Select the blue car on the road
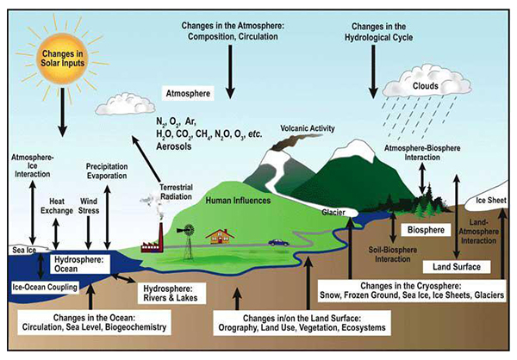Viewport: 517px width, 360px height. pyautogui.click(x=278, y=242)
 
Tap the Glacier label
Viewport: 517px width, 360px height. pyautogui.click(x=334, y=208)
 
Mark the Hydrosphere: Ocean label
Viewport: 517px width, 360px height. pyautogui.click(x=79, y=263)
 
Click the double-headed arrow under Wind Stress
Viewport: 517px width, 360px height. pyautogui.click(x=90, y=228)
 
